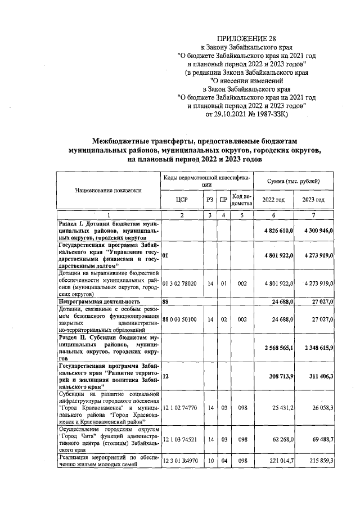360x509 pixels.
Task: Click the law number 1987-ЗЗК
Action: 268,114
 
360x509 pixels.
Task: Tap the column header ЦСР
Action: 181,200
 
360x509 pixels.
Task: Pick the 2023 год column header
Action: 313,200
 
